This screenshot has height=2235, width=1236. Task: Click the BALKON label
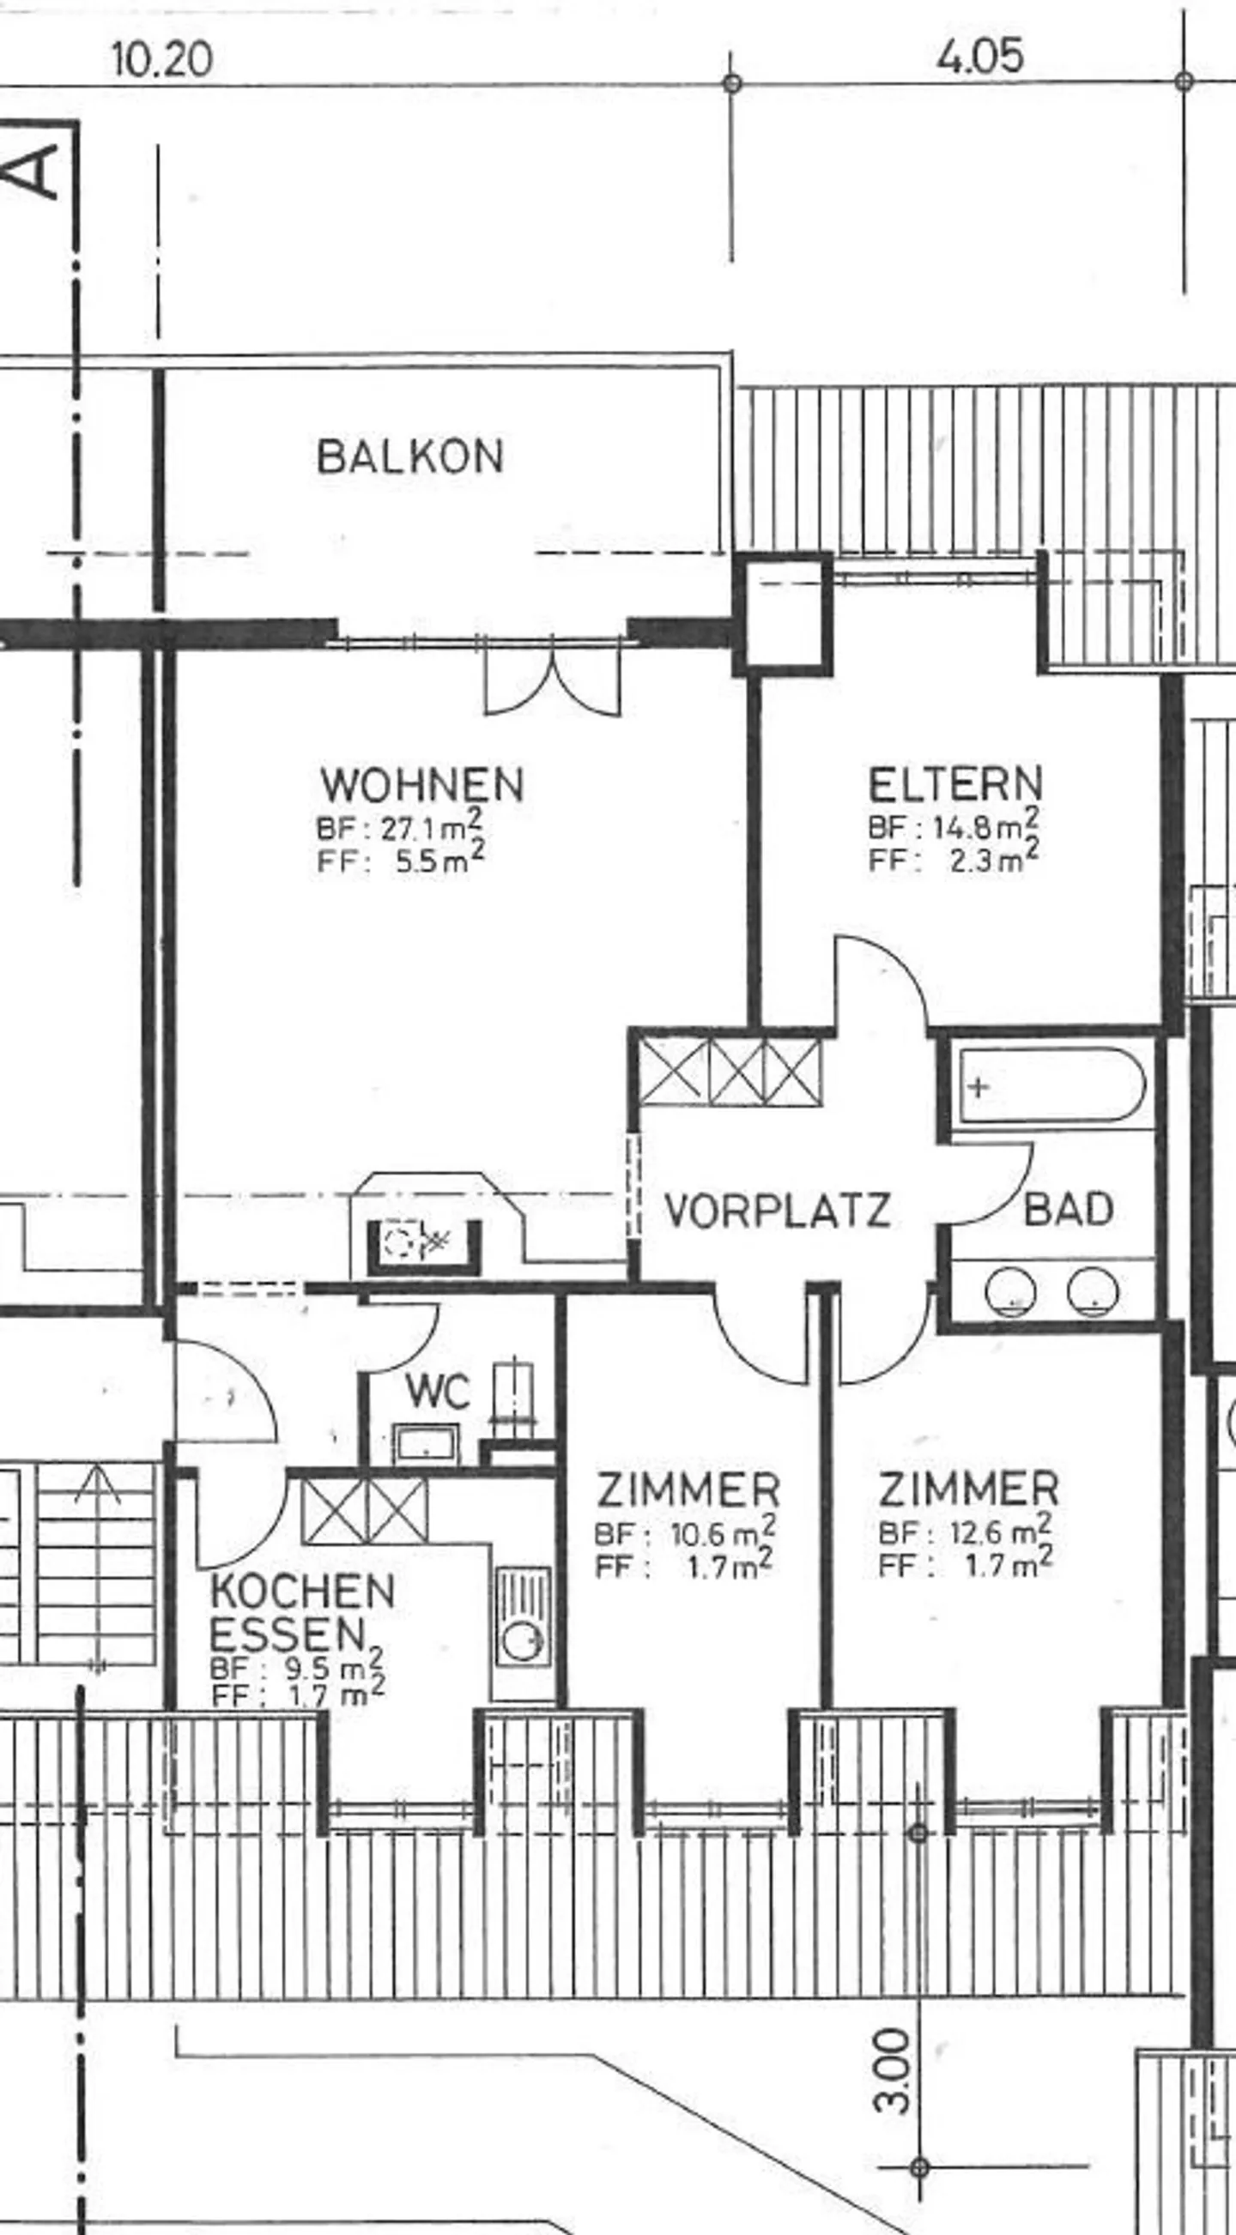click(409, 456)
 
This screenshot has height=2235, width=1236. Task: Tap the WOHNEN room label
click(421, 784)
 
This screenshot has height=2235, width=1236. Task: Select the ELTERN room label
click(954, 784)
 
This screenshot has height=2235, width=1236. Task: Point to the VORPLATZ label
click(777, 1210)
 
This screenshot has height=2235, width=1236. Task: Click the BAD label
click(1069, 1210)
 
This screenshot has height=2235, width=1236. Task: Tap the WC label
click(439, 1392)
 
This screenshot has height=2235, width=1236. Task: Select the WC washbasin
click(426, 1443)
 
